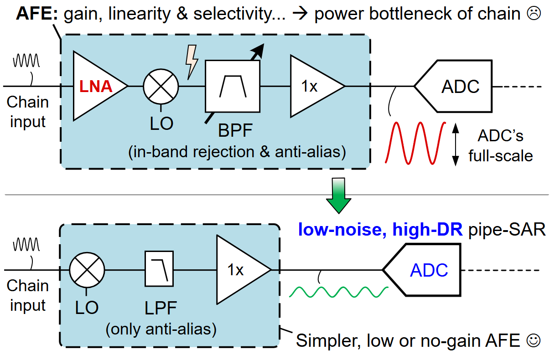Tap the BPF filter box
233,86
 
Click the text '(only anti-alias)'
161,328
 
